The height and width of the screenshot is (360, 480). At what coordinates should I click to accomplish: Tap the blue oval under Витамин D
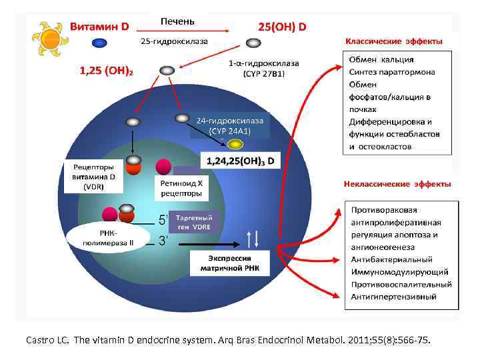point(99,43)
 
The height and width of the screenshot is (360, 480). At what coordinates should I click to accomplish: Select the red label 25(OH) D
point(282,27)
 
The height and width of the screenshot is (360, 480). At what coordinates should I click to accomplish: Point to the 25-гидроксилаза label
point(174,41)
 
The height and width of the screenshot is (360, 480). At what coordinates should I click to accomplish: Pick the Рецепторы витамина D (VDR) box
point(94,177)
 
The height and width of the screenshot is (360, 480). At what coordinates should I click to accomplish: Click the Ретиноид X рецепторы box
point(183,188)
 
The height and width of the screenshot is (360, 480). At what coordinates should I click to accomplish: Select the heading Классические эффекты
point(393,41)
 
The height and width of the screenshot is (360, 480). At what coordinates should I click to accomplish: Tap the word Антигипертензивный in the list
point(393,296)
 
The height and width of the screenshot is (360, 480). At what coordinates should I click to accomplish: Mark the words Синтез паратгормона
point(393,73)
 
